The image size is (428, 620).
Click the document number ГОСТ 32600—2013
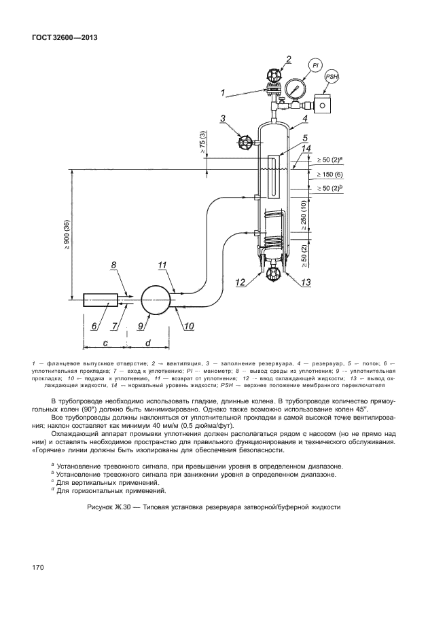coord(65,37)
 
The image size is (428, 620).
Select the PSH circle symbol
coord(331,77)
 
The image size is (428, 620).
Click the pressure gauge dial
coord(294,89)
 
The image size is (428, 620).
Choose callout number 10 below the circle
coord(188,326)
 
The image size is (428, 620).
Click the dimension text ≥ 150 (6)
coord(331,174)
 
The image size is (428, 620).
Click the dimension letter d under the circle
coord(147,341)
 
